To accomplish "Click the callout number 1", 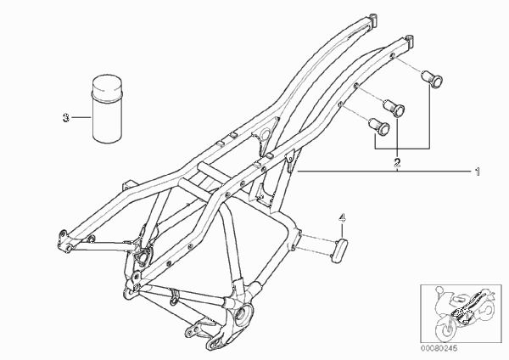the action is pyautogui.click(x=477, y=172).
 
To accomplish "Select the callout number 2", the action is pyautogui.click(x=397, y=162).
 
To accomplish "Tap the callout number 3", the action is pyautogui.click(x=66, y=118).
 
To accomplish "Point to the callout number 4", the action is pyautogui.click(x=342, y=218).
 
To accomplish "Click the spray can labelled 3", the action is pyautogui.click(x=108, y=110).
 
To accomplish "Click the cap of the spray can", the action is pyautogui.click(x=108, y=87).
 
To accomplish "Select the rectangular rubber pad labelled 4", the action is pyautogui.click(x=339, y=250).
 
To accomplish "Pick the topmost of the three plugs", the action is pyautogui.click(x=432, y=79).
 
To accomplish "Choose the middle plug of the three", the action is pyautogui.click(x=394, y=108).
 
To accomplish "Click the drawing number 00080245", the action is pyautogui.click(x=439, y=349).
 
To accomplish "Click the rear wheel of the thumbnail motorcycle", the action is pyautogui.click(x=485, y=309).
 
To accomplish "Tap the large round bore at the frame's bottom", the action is pyautogui.click(x=243, y=314).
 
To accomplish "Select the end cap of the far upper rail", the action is pyautogui.click(x=373, y=20).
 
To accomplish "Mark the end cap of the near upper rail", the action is pyautogui.click(x=410, y=40).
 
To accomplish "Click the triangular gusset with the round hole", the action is pyautogui.click(x=267, y=135).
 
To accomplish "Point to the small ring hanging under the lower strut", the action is pyautogui.click(x=175, y=298).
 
